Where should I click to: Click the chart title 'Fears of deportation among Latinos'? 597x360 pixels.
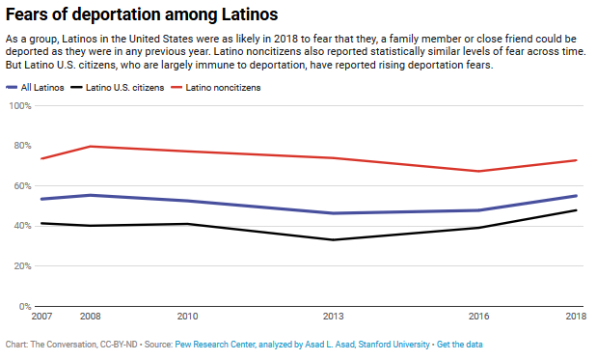pyautogui.click(x=142, y=14)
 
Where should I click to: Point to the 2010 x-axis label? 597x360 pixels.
pyautogui.click(x=187, y=317)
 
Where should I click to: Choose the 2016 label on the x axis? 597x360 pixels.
pyautogui.click(x=479, y=317)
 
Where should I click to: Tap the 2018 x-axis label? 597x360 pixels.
pyautogui.click(x=577, y=317)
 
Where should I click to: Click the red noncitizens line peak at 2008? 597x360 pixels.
pyautogui.click(x=90, y=147)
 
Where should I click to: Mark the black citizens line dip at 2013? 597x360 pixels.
pyautogui.click(x=334, y=239)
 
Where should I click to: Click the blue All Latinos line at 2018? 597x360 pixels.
pyautogui.click(x=577, y=196)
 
